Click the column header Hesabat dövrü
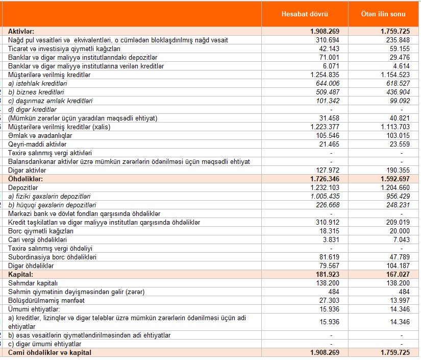305,13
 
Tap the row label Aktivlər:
21,31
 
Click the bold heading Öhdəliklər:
26,179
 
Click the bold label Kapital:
20,275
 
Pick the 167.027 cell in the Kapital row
397,275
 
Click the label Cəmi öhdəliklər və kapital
49,353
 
